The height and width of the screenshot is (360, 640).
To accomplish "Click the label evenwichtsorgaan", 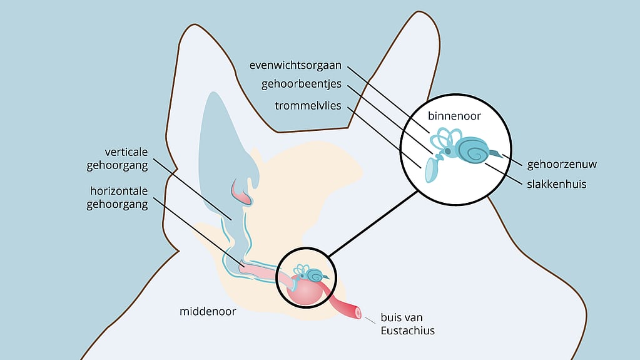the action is point(295,66).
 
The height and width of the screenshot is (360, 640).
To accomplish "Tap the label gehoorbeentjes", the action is point(301,84).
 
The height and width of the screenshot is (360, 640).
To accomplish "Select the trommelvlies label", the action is point(308,105).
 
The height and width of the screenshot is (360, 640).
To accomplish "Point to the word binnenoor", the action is point(454,116).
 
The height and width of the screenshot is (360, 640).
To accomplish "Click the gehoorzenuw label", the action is point(562,164).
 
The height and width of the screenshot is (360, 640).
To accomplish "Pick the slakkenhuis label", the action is point(556,184).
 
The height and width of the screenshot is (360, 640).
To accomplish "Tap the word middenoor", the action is point(208,311).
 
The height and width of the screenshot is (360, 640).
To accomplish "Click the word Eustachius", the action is point(407,330).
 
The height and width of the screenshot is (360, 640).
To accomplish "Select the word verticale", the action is point(126,152).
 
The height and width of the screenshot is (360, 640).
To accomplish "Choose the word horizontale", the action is point(119,191).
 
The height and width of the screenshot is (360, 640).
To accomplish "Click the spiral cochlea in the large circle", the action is point(473,150).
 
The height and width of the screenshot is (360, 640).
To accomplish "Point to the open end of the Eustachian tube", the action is point(358,313).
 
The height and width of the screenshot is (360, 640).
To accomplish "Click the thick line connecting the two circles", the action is point(373,224).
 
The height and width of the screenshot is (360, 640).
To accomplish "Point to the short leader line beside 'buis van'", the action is point(370,321).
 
